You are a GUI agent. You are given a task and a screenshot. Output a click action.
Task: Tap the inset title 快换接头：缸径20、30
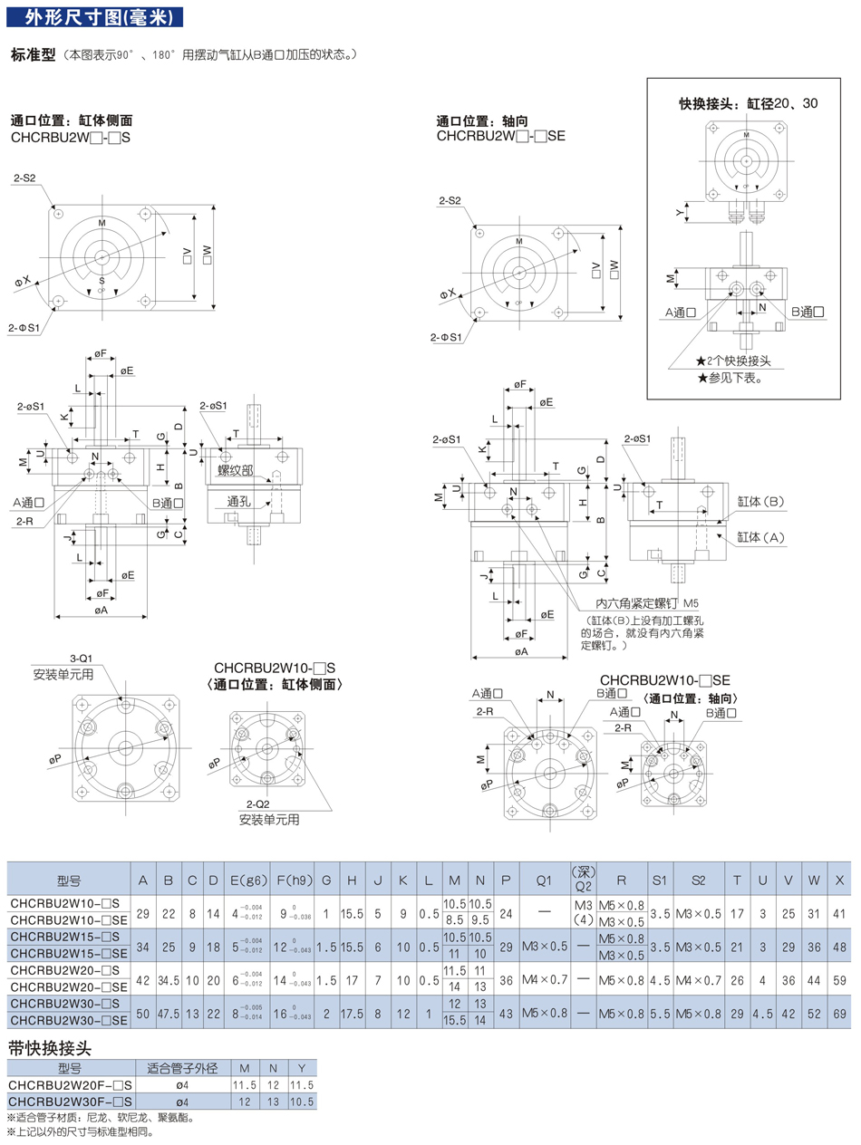(749, 103)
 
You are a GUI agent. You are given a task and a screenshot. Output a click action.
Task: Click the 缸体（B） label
(759, 501)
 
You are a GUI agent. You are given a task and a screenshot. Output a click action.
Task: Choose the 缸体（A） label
(759, 537)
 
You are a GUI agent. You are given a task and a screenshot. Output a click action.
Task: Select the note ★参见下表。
(730, 378)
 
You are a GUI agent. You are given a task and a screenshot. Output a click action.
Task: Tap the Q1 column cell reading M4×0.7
(543, 981)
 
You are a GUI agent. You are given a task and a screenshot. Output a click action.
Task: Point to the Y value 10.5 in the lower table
(302, 1102)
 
